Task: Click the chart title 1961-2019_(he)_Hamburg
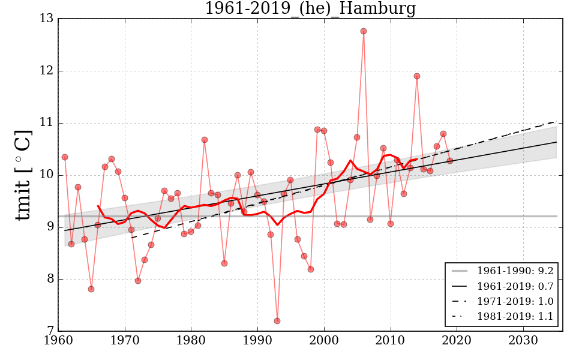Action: click(x=310, y=9)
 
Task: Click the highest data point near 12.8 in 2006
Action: click(x=364, y=31)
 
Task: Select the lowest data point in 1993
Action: click(x=277, y=321)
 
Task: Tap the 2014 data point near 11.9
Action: click(x=417, y=76)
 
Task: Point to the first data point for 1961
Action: click(x=65, y=157)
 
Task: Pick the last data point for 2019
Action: click(x=450, y=161)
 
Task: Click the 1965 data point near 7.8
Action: click(x=91, y=289)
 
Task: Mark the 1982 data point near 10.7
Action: click(x=205, y=140)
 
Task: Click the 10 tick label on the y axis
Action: click(x=46, y=175)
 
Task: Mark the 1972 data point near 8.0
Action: click(x=138, y=281)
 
